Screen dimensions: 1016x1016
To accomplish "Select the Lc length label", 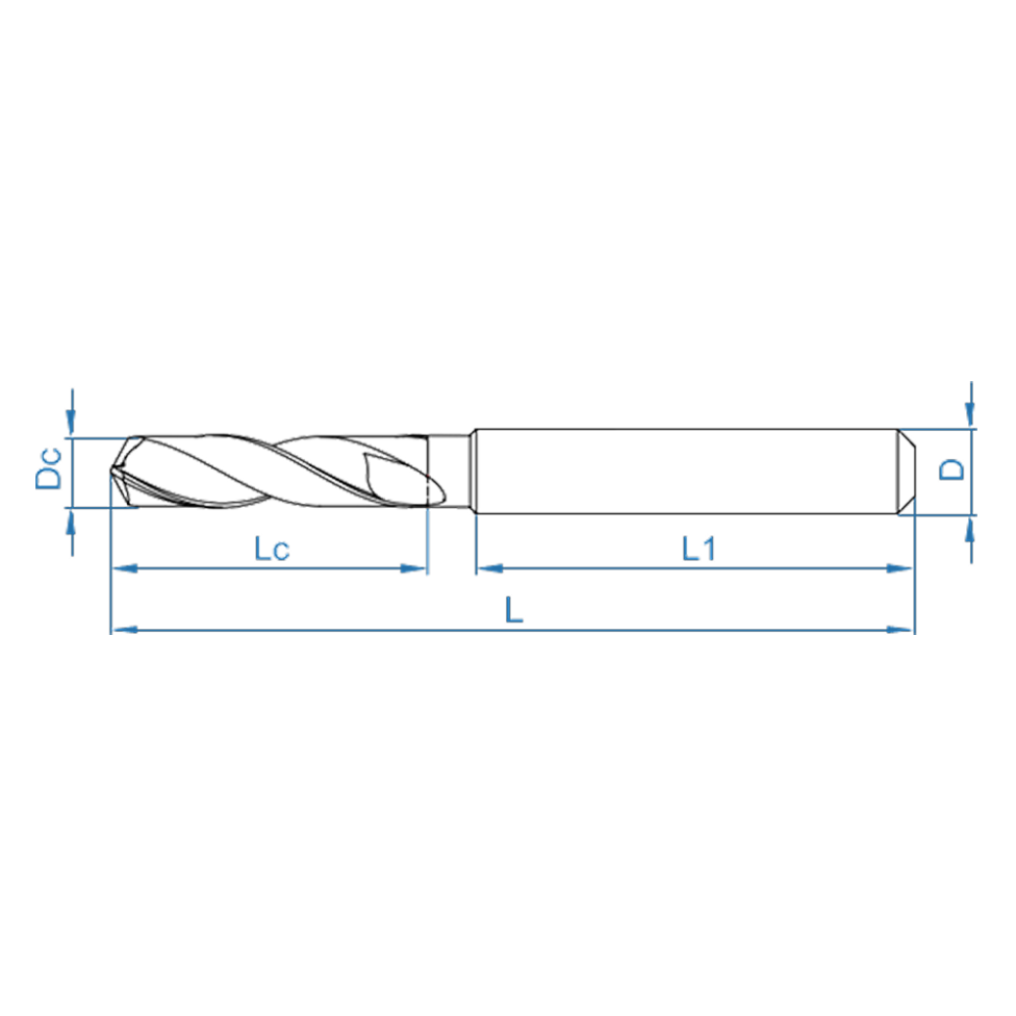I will click(271, 549).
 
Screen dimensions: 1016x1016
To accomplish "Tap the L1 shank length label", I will click(698, 549).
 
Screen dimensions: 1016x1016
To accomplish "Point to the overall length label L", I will click(514, 612).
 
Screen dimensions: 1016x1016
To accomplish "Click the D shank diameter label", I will click(952, 469).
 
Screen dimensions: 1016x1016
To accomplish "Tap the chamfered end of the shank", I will click(908, 471).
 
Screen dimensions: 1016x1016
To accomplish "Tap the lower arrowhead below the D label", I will click(969, 528).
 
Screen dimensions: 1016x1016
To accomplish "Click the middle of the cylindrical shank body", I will click(684, 471).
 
